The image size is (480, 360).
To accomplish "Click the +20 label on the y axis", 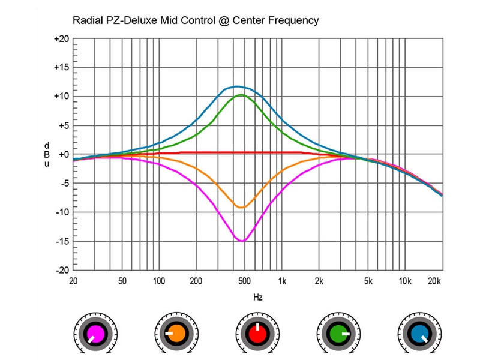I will pos(61,39).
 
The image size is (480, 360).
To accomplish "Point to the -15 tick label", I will pos(62,241).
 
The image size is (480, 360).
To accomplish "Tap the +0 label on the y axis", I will pos(63,155).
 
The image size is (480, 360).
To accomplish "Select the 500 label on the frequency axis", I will pos(244,281).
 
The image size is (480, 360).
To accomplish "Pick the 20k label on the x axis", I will pos(435,281).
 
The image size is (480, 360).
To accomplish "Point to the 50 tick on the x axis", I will pos(122,281).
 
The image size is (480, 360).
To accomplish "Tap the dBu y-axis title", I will pos(46,155).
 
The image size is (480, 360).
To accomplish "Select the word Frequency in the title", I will pos(294,20).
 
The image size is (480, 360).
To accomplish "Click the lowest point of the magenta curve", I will pos(241,241).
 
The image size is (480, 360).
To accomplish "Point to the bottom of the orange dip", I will pos(240,207).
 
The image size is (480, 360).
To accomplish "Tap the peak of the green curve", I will pos(241,95).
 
